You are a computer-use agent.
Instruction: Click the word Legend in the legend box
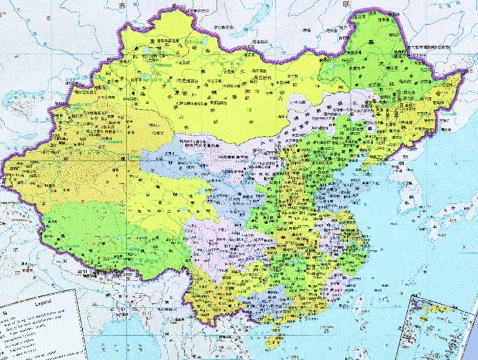[x=37, y=302]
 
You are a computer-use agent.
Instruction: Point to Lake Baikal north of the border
[x=249, y=19]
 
